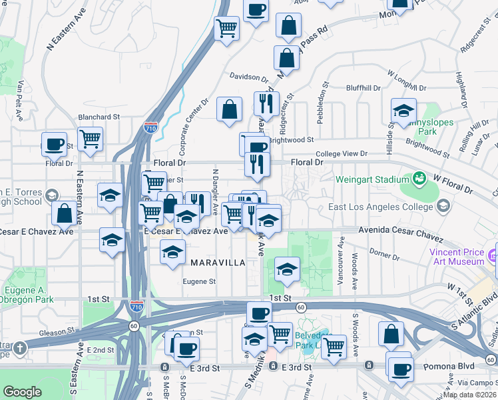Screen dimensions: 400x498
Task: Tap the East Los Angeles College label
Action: click(x=377, y=207)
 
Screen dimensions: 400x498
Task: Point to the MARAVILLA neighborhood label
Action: click(x=218, y=263)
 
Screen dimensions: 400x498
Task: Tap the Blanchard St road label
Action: click(x=99, y=116)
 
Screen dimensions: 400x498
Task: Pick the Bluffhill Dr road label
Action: click(x=363, y=88)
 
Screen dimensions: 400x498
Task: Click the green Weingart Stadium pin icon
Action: click(x=419, y=178)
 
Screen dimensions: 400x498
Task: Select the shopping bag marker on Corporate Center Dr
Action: click(x=229, y=109)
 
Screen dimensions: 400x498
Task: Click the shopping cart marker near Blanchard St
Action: click(x=90, y=139)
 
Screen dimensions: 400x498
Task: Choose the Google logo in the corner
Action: click(x=22, y=392)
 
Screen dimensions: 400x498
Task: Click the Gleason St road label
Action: click(x=57, y=331)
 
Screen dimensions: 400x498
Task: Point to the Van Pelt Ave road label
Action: click(x=21, y=101)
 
